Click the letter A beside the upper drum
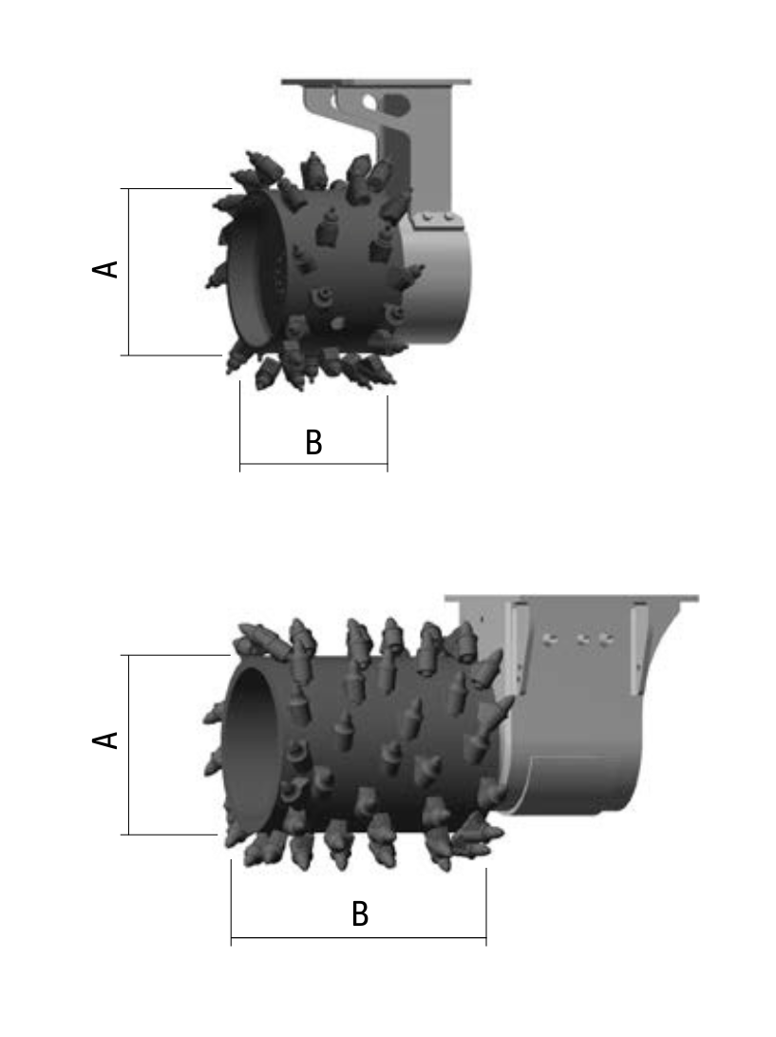(x=105, y=269)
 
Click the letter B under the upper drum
(x=314, y=442)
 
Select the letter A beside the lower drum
(x=105, y=740)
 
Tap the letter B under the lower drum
(x=360, y=914)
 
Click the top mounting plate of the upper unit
(x=376, y=82)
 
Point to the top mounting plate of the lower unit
(x=572, y=599)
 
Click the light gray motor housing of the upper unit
(x=436, y=278)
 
